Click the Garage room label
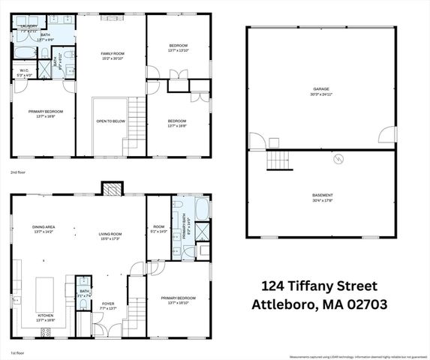321,89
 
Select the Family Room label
113,54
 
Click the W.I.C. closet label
24,72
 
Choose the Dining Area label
44,226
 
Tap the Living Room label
110,234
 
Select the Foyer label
108,303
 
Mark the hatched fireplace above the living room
111,188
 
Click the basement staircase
279,160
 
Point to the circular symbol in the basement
338,159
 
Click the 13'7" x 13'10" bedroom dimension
177,49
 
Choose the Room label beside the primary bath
158,226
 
